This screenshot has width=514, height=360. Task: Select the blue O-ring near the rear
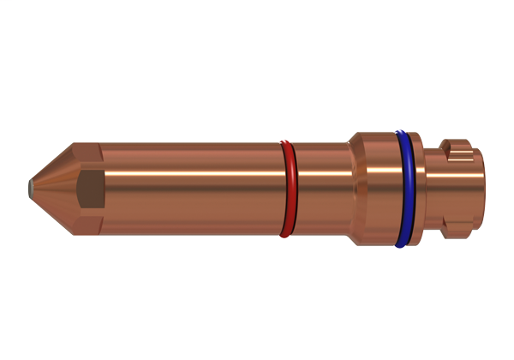[402, 189]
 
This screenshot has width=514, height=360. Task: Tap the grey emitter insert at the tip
[30, 184]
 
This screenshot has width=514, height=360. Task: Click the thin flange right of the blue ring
[415, 189]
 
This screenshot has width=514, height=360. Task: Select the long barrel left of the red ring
[188, 201]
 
